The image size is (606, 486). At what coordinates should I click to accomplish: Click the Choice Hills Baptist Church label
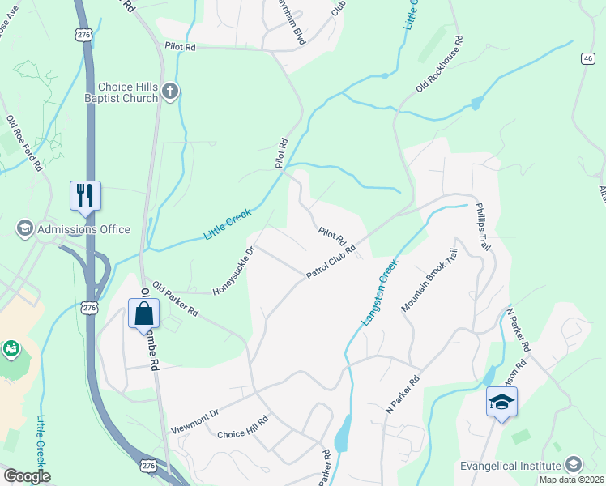click(x=128, y=92)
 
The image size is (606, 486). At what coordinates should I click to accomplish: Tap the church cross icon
click(x=169, y=91)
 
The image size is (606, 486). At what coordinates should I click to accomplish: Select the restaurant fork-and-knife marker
click(x=85, y=194)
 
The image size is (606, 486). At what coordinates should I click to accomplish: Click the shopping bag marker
click(x=143, y=313)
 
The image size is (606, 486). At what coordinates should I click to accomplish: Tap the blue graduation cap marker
click(x=501, y=401)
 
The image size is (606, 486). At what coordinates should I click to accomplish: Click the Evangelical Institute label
click(x=510, y=465)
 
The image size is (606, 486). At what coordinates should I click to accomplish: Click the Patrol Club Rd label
click(x=331, y=262)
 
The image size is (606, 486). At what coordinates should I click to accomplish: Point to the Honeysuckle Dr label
click(x=233, y=271)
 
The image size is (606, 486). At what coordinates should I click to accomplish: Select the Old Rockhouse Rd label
click(x=438, y=63)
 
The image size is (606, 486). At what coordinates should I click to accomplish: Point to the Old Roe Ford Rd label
click(x=24, y=143)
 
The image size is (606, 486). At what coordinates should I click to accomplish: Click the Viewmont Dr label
click(x=195, y=413)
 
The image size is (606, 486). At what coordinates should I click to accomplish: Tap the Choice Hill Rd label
click(x=242, y=434)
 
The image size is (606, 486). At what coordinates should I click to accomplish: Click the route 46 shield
click(x=588, y=58)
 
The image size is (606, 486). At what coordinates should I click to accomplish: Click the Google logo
click(x=26, y=476)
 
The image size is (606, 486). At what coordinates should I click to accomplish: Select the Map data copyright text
click(x=571, y=480)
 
